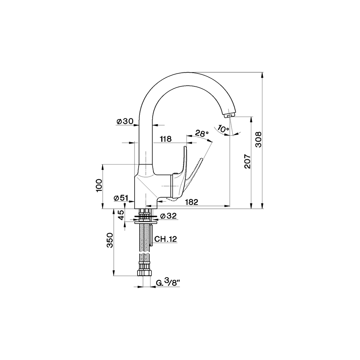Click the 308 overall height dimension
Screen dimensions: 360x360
point(258,139)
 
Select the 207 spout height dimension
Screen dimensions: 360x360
point(248,161)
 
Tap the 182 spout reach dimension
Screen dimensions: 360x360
point(192,202)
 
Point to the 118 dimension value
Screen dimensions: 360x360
point(166,139)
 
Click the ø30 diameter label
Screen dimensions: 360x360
point(125,121)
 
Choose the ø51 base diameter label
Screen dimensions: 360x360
point(121,198)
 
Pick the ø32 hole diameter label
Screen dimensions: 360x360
point(168,216)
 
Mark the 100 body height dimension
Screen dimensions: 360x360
point(99,185)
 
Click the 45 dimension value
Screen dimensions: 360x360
point(121,215)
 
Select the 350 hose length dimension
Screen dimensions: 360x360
point(110,240)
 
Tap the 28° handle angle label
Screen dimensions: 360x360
point(202,133)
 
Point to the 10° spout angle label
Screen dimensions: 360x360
point(223,129)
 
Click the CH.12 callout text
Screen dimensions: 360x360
point(166,239)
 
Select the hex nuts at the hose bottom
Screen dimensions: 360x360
point(144,273)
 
